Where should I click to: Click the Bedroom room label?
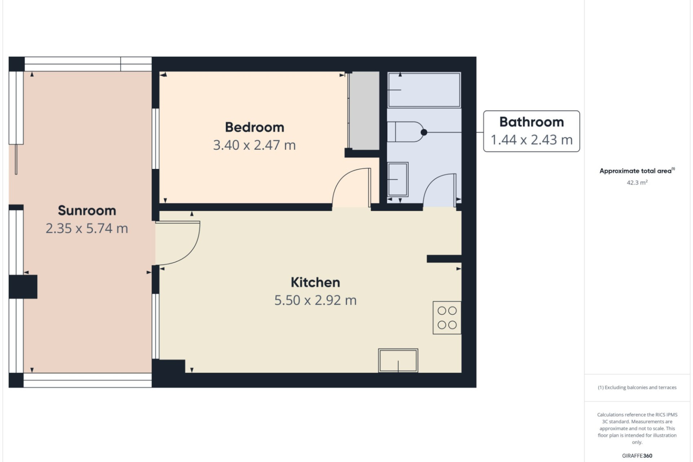[254, 127]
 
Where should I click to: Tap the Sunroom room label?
[87, 210]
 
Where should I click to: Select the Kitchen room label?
[315, 282]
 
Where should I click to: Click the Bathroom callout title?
[532, 122]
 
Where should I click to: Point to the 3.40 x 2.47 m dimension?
[254, 145]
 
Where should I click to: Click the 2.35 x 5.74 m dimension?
[87, 228]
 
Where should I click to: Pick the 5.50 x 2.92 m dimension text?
[315, 300]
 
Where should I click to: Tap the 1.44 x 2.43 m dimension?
[532, 140]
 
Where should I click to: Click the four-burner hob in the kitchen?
[447, 318]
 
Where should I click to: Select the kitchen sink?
[398, 360]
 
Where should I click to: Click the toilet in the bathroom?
[405, 132]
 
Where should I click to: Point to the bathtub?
[424, 90]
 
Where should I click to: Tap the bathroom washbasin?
[398, 179]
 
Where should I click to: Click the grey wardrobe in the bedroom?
[363, 110]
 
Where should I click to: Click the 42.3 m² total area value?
[637, 183]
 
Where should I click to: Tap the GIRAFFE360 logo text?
[637, 456]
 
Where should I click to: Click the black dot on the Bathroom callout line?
[424, 132]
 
